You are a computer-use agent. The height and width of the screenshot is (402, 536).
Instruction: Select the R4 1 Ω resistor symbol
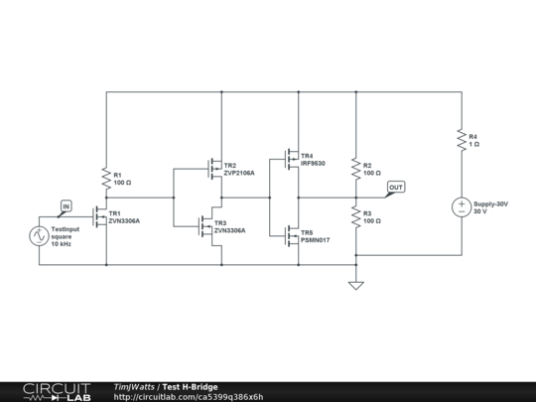tap(462, 140)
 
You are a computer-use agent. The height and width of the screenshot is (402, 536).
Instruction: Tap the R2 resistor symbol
tap(355, 170)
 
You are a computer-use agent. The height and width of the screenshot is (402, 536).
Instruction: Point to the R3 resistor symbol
tap(355, 215)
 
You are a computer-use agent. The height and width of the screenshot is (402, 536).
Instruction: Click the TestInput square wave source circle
tap(39, 235)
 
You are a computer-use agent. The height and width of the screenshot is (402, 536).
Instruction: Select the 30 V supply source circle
tap(462, 207)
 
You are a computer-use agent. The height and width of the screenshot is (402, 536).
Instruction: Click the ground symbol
tap(355, 286)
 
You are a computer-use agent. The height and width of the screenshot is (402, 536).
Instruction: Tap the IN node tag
tap(66, 206)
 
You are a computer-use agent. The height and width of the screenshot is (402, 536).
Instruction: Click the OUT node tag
tap(396, 187)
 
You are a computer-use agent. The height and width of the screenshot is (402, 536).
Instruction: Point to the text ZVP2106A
tap(239, 173)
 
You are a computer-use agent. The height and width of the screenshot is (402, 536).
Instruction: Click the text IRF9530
tap(313, 163)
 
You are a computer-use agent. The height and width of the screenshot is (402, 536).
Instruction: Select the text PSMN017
tap(315, 239)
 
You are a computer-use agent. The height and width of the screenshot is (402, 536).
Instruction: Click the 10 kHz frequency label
tap(62, 243)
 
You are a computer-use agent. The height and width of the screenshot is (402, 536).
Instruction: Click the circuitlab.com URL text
tap(188, 396)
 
